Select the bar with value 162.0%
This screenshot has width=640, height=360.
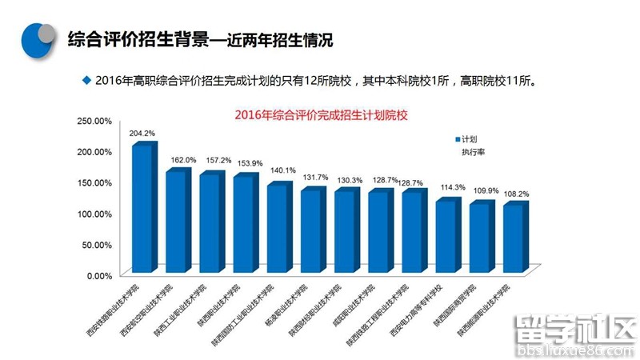[176, 222]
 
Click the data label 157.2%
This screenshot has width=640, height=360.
[218, 160]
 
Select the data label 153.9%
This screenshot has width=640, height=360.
[250, 163]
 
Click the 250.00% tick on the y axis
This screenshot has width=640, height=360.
[94, 121]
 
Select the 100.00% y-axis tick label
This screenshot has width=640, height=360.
[94, 214]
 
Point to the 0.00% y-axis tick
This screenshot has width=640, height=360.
[98, 275]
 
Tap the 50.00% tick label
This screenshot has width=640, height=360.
[97, 245]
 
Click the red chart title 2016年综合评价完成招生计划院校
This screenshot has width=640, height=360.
[321, 115]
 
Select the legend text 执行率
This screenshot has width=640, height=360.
[473, 151]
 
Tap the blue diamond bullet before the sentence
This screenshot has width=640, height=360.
[86, 80]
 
